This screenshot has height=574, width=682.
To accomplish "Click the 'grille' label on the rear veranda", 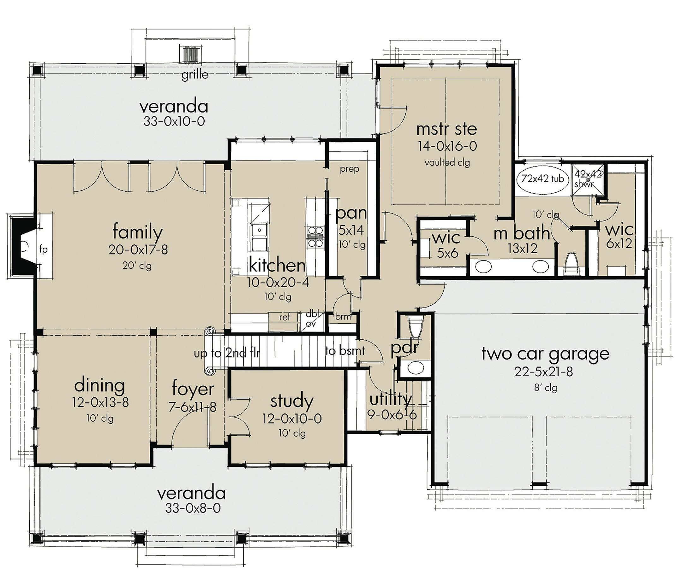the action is coord(195,75).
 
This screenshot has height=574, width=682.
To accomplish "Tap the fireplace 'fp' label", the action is coord(43,249).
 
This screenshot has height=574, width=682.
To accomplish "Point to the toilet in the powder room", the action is coord(416,327).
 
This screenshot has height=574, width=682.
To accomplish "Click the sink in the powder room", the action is coord(415,368).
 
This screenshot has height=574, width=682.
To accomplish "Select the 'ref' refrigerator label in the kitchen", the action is coord(285,317).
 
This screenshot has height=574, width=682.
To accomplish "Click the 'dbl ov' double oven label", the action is coord(312,319).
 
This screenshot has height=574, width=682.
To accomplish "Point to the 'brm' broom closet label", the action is coord(343,316).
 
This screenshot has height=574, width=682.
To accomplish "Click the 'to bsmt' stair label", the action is coord(345,350).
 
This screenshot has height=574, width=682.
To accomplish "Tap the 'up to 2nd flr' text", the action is coord(227,353).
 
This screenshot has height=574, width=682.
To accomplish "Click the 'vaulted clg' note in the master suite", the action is coord(447,162).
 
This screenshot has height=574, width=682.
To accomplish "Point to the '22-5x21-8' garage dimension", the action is coord(544,372).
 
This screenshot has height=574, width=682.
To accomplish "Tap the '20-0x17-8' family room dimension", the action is coord(138,250).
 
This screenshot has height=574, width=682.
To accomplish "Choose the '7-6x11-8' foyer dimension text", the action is coord(192,407).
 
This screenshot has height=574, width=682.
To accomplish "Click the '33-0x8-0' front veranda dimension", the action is coord(193,508).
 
